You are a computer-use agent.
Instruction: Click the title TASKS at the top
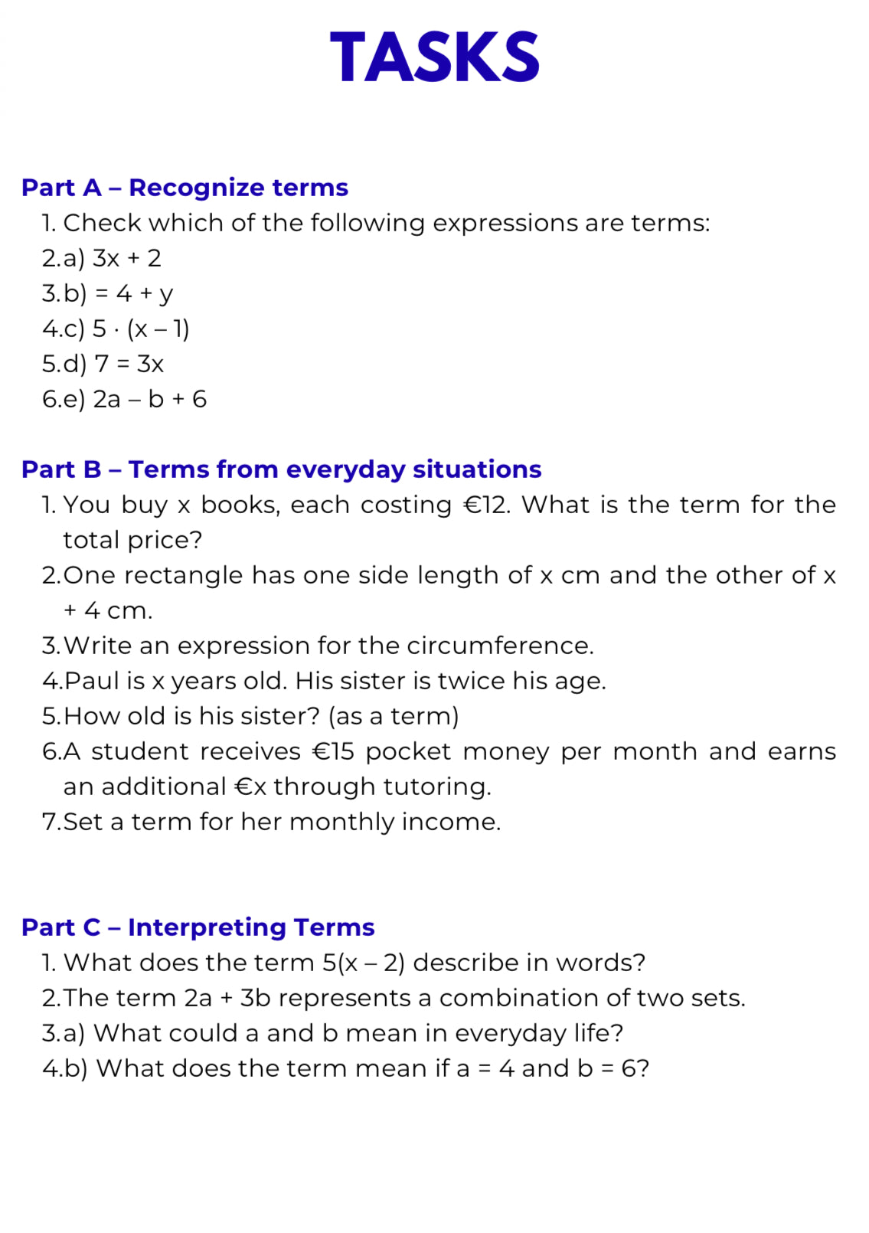pos(434,57)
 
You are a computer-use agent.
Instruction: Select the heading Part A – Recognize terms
pos(185,188)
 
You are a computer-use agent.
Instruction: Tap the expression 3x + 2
pos(127,259)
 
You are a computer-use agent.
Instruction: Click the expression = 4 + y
pos(134,294)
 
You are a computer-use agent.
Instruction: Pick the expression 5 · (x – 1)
pos(141,329)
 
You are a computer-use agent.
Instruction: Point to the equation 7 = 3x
pos(129,365)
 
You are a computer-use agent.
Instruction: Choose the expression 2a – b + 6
pos(150,400)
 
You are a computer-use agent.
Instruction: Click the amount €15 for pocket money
pos(333,752)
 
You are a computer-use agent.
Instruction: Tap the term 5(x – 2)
pos(364,963)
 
